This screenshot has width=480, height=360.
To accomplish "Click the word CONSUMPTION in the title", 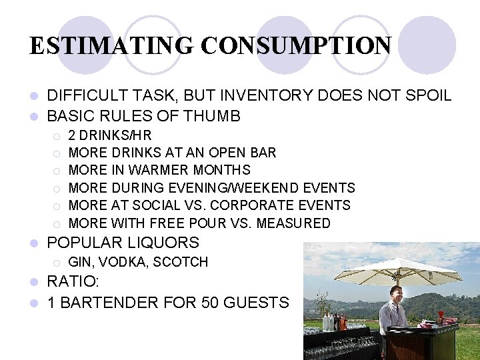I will coord(296,45).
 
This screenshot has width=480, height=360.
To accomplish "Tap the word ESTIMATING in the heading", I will coord(112,45).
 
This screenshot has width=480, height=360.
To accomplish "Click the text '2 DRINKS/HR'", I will coord(110,135).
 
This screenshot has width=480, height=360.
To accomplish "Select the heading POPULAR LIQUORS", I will coord(123,243).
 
